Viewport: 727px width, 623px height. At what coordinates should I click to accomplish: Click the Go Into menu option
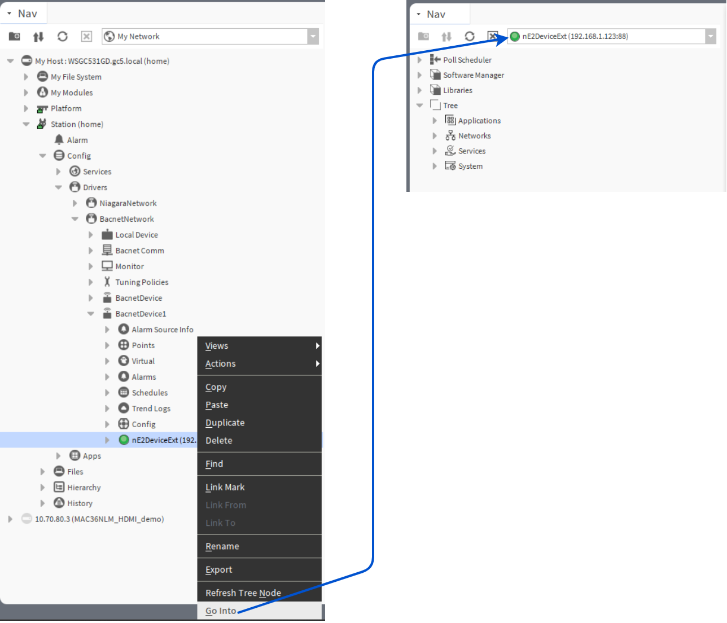(221, 611)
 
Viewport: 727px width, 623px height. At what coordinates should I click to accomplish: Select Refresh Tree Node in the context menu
(243, 593)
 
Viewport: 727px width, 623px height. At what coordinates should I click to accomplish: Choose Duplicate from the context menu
(225, 423)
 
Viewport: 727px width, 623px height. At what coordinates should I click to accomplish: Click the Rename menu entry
(222, 546)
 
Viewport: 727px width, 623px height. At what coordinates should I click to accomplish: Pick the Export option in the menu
(218, 569)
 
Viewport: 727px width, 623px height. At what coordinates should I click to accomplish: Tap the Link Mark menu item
(225, 487)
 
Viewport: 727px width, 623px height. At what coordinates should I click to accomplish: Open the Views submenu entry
(217, 346)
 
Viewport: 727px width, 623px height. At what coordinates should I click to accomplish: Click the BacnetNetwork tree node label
(126, 219)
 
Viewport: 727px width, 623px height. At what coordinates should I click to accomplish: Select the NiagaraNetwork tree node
(128, 203)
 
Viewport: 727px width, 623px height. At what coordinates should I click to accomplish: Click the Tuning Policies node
(142, 282)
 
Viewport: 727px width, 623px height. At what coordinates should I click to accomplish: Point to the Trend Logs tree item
(151, 409)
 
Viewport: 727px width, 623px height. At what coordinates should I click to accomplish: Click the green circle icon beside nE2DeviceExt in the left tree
(124, 440)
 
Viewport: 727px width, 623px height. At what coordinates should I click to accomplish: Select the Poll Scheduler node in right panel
(467, 60)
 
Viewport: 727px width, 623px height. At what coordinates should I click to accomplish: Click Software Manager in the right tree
(473, 75)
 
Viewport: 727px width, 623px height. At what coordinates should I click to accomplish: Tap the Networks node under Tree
(474, 136)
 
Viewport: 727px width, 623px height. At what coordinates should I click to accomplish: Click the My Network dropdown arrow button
(313, 37)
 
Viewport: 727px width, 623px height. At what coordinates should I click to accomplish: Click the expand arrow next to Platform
(26, 108)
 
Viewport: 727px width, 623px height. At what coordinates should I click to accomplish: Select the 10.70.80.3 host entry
(99, 519)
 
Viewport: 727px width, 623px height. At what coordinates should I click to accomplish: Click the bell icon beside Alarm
(59, 139)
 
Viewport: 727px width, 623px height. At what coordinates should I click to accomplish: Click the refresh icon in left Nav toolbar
(63, 37)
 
